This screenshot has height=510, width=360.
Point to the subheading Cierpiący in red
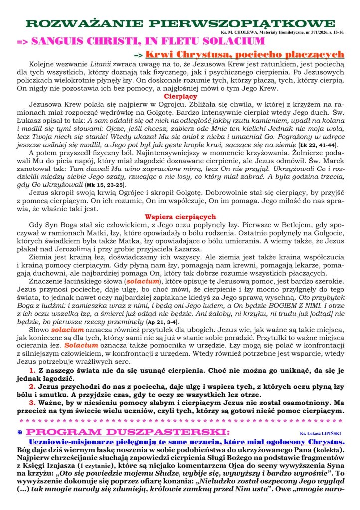click(x=180, y=97)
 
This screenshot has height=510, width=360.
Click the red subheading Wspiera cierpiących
click(x=180, y=217)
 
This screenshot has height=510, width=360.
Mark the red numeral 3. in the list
click(x=31, y=403)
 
